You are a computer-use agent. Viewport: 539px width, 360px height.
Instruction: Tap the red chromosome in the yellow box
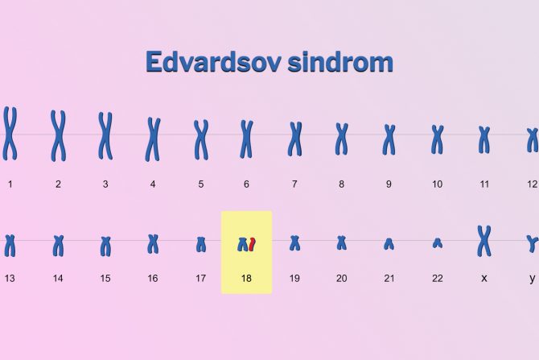pos(252,244)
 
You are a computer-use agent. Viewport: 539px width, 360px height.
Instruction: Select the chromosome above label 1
pos(10,133)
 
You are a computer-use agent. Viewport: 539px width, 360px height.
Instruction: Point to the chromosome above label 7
pos(295,138)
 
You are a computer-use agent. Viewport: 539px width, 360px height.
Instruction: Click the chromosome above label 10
pos(437,139)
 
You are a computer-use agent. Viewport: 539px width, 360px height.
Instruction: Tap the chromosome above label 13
pos(10,244)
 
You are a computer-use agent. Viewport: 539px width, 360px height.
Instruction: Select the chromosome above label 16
pos(153,243)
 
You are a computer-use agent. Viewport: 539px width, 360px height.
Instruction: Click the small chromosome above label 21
pos(389,243)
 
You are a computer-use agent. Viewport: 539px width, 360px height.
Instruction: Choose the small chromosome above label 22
pos(437,242)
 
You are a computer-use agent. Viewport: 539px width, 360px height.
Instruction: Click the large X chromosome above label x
pos(484,240)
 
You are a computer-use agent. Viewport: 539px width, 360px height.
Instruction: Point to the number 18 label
pos(246,278)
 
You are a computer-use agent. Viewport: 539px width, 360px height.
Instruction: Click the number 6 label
pos(246,184)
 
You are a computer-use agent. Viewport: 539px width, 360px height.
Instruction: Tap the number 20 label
pos(341,278)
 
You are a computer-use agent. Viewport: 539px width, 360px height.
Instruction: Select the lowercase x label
pos(484,278)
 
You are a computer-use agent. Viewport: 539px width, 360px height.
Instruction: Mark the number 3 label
pos(105,184)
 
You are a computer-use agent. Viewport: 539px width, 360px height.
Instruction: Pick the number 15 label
pos(105,278)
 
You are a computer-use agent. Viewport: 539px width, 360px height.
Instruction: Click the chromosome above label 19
pos(294,242)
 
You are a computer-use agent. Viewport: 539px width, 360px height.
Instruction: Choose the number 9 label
pos(389,184)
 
